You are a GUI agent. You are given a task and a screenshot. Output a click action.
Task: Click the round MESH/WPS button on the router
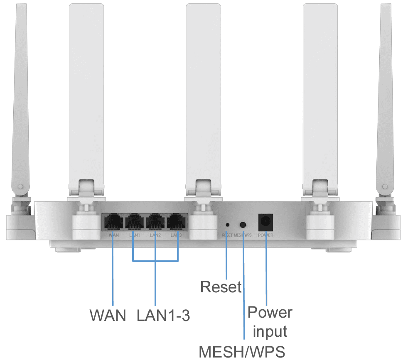243,225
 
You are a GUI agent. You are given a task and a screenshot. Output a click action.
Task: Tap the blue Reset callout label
221,287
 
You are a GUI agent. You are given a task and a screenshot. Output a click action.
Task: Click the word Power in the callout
270,312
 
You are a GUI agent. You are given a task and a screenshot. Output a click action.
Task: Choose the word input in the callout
270,331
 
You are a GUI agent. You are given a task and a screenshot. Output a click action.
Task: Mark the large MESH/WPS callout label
242,352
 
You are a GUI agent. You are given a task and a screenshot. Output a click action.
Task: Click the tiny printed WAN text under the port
113,235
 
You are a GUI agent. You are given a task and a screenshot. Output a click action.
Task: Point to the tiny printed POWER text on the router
265,235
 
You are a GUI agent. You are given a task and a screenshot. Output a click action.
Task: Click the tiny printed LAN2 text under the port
155,235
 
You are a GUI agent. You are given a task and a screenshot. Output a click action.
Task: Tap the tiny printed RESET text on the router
227,235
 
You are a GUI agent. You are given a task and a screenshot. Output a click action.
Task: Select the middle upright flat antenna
203,91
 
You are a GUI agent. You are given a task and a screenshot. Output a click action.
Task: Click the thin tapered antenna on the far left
19,104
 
